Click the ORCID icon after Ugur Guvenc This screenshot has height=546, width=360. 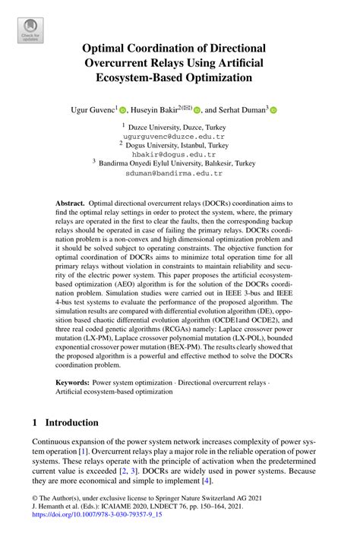click(123, 110)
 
